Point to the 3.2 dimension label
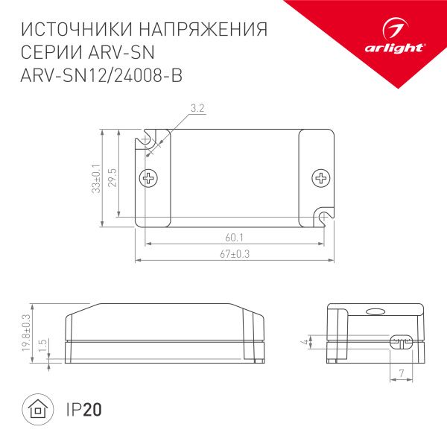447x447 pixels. [x=197, y=109]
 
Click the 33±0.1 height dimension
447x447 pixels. [x=95, y=178]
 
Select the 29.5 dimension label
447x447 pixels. [x=112, y=179]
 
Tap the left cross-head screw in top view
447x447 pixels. [x=150, y=178]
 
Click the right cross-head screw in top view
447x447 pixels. [x=322, y=178]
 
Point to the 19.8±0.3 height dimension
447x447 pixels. [x=25, y=333]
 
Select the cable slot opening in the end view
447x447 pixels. [x=401, y=343]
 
